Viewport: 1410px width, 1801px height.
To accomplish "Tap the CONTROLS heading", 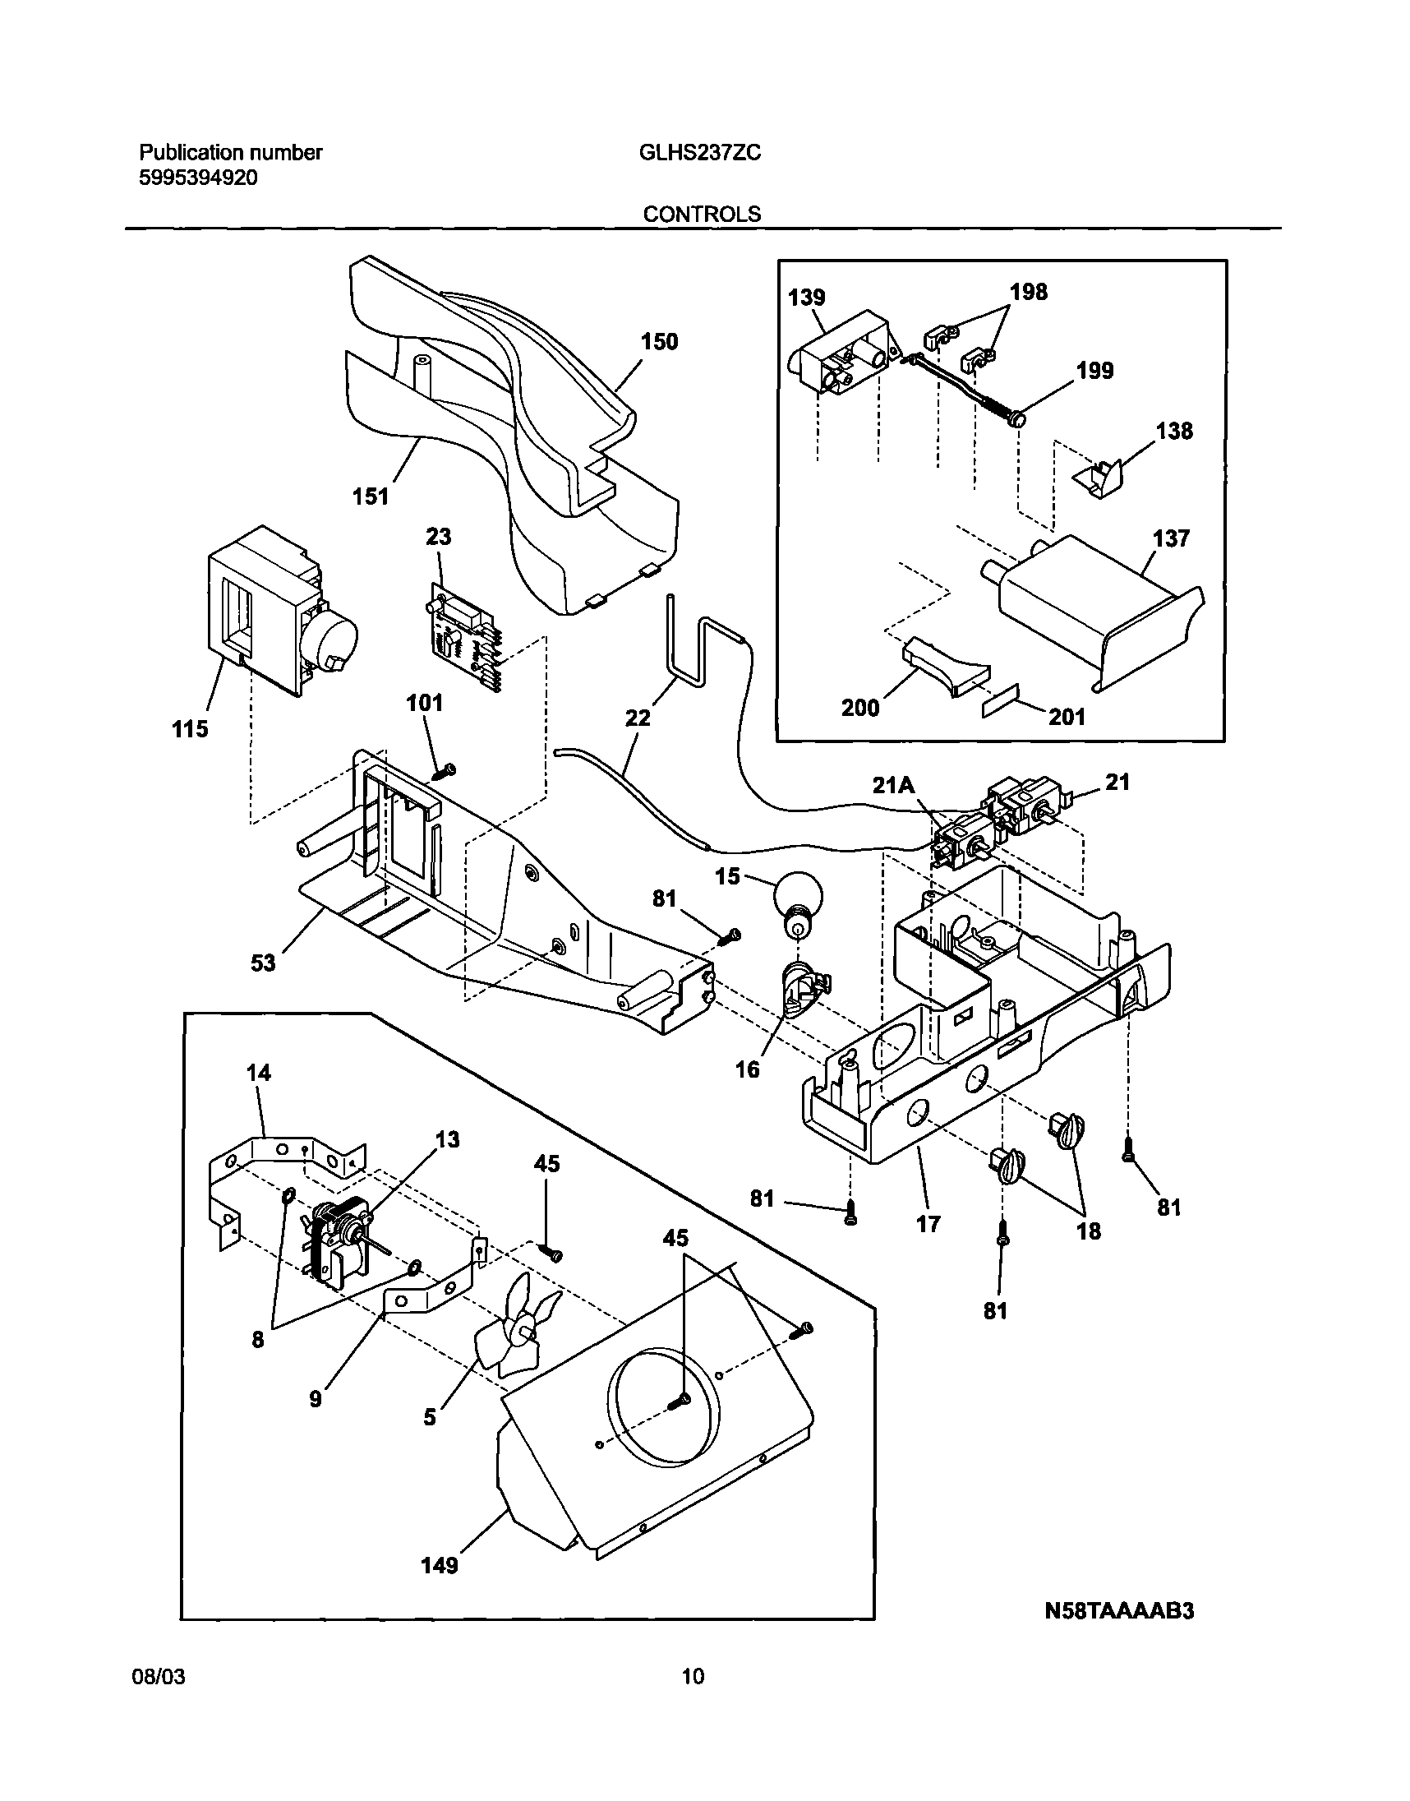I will click(702, 215).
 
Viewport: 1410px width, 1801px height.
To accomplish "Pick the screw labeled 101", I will click(445, 770).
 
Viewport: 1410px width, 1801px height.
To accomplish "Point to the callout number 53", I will click(262, 963).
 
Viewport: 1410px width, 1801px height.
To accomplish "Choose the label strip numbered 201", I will click(1002, 701).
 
